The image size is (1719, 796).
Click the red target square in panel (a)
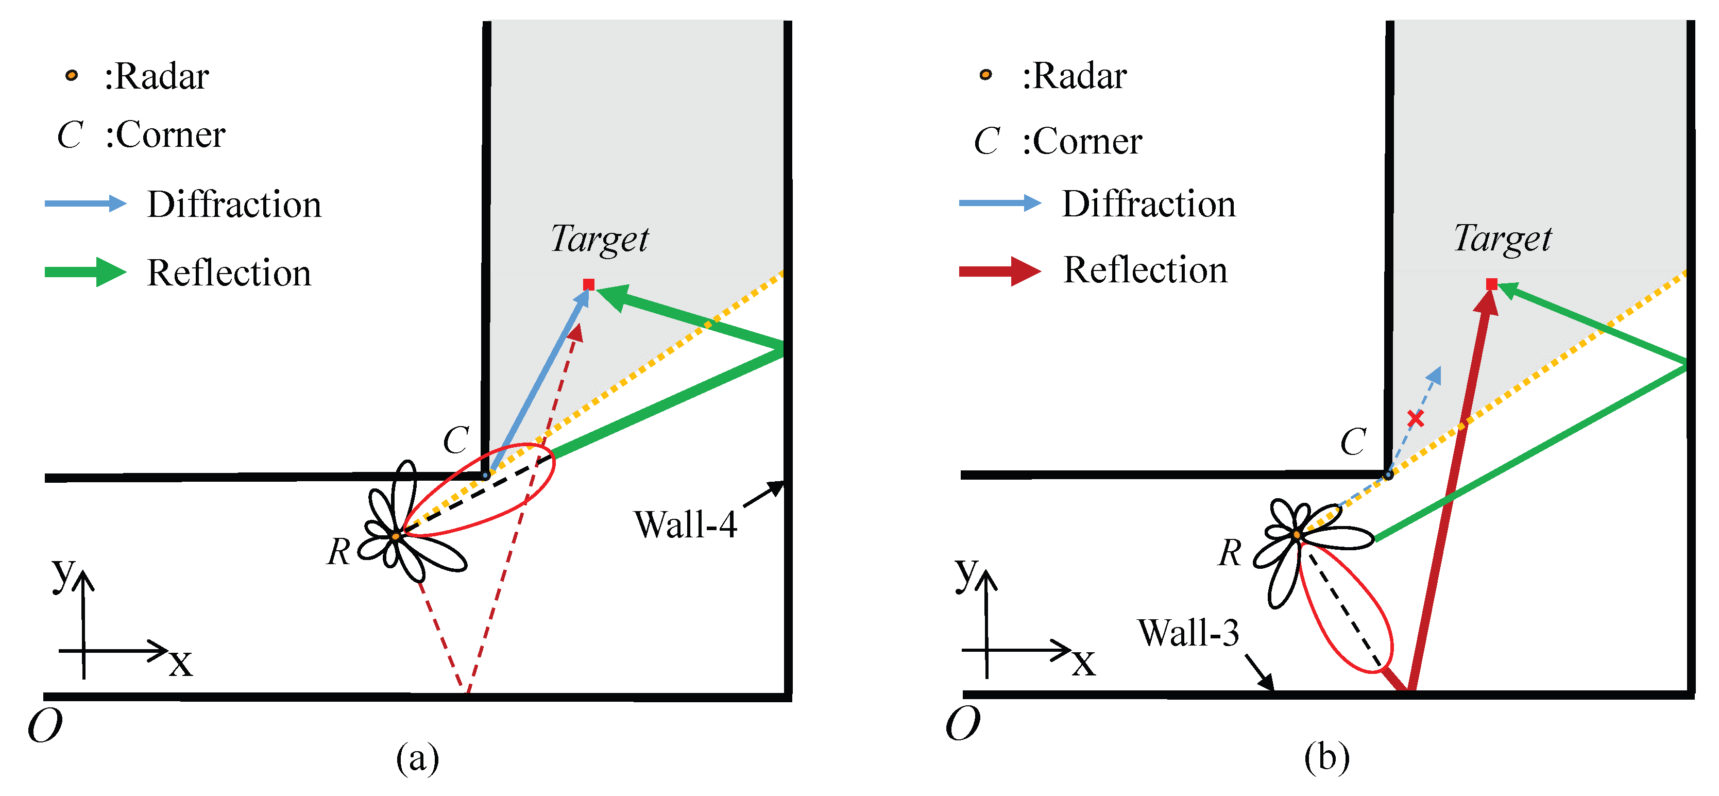click(x=589, y=285)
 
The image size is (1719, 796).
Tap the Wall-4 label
click(x=685, y=524)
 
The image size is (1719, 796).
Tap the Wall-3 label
click(x=1188, y=633)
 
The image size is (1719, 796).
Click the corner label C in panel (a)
click(x=456, y=441)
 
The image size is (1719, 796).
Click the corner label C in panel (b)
click(x=1353, y=442)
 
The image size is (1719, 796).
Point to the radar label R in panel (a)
click(x=339, y=552)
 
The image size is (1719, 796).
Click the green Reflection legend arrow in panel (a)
click(x=86, y=272)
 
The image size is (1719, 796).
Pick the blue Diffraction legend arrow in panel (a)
click(x=86, y=204)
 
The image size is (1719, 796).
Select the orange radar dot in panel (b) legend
click(x=985, y=75)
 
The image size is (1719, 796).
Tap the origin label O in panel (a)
click(x=45, y=725)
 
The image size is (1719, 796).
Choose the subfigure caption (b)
click(x=1326, y=757)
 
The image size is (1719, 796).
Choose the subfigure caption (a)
click(x=418, y=758)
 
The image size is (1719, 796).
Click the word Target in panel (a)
click(x=599, y=240)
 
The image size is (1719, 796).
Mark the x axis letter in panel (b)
click(x=1084, y=663)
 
